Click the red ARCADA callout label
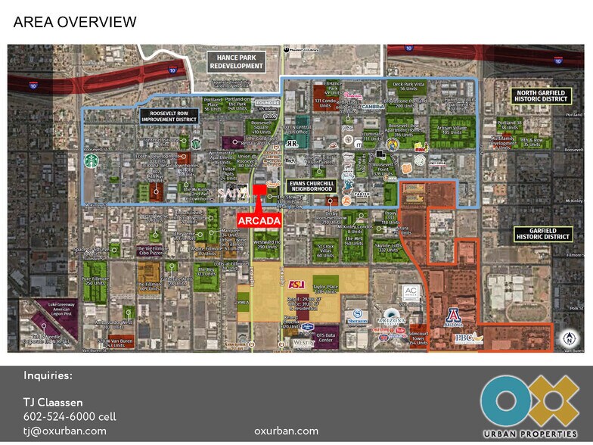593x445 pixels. coord(260,219)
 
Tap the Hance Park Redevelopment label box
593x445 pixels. coord(236,62)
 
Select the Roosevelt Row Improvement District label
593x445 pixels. coord(168,116)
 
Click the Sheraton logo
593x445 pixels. coord(355,316)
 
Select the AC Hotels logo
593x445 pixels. coord(411,291)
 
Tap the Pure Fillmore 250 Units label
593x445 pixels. coord(98,282)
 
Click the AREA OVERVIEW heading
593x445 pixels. coord(75,22)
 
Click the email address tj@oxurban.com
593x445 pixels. coord(64,431)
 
